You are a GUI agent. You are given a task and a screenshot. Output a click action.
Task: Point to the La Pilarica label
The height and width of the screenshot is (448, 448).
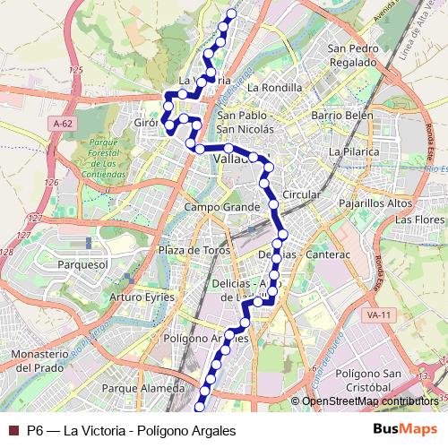[x=354, y=152]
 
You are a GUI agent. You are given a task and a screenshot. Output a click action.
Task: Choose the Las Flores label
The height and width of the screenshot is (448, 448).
[x=419, y=220]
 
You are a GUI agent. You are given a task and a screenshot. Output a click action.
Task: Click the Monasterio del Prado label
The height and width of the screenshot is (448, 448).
[x=41, y=361]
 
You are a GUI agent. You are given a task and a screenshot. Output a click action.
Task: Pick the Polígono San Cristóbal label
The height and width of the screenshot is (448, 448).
[x=363, y=379]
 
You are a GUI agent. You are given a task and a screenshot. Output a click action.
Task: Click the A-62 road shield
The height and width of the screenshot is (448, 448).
[x=62, y=123]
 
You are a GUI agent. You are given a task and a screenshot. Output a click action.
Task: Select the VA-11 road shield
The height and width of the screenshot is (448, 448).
[x=379, y=315]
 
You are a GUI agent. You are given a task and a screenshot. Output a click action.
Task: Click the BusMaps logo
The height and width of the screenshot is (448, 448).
[x=412, y=431]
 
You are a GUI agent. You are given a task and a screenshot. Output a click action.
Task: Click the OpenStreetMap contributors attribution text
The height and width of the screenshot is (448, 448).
[x=369, y=401]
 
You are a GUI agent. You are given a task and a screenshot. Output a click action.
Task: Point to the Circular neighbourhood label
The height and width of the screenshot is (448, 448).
[x=300, y=194]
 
